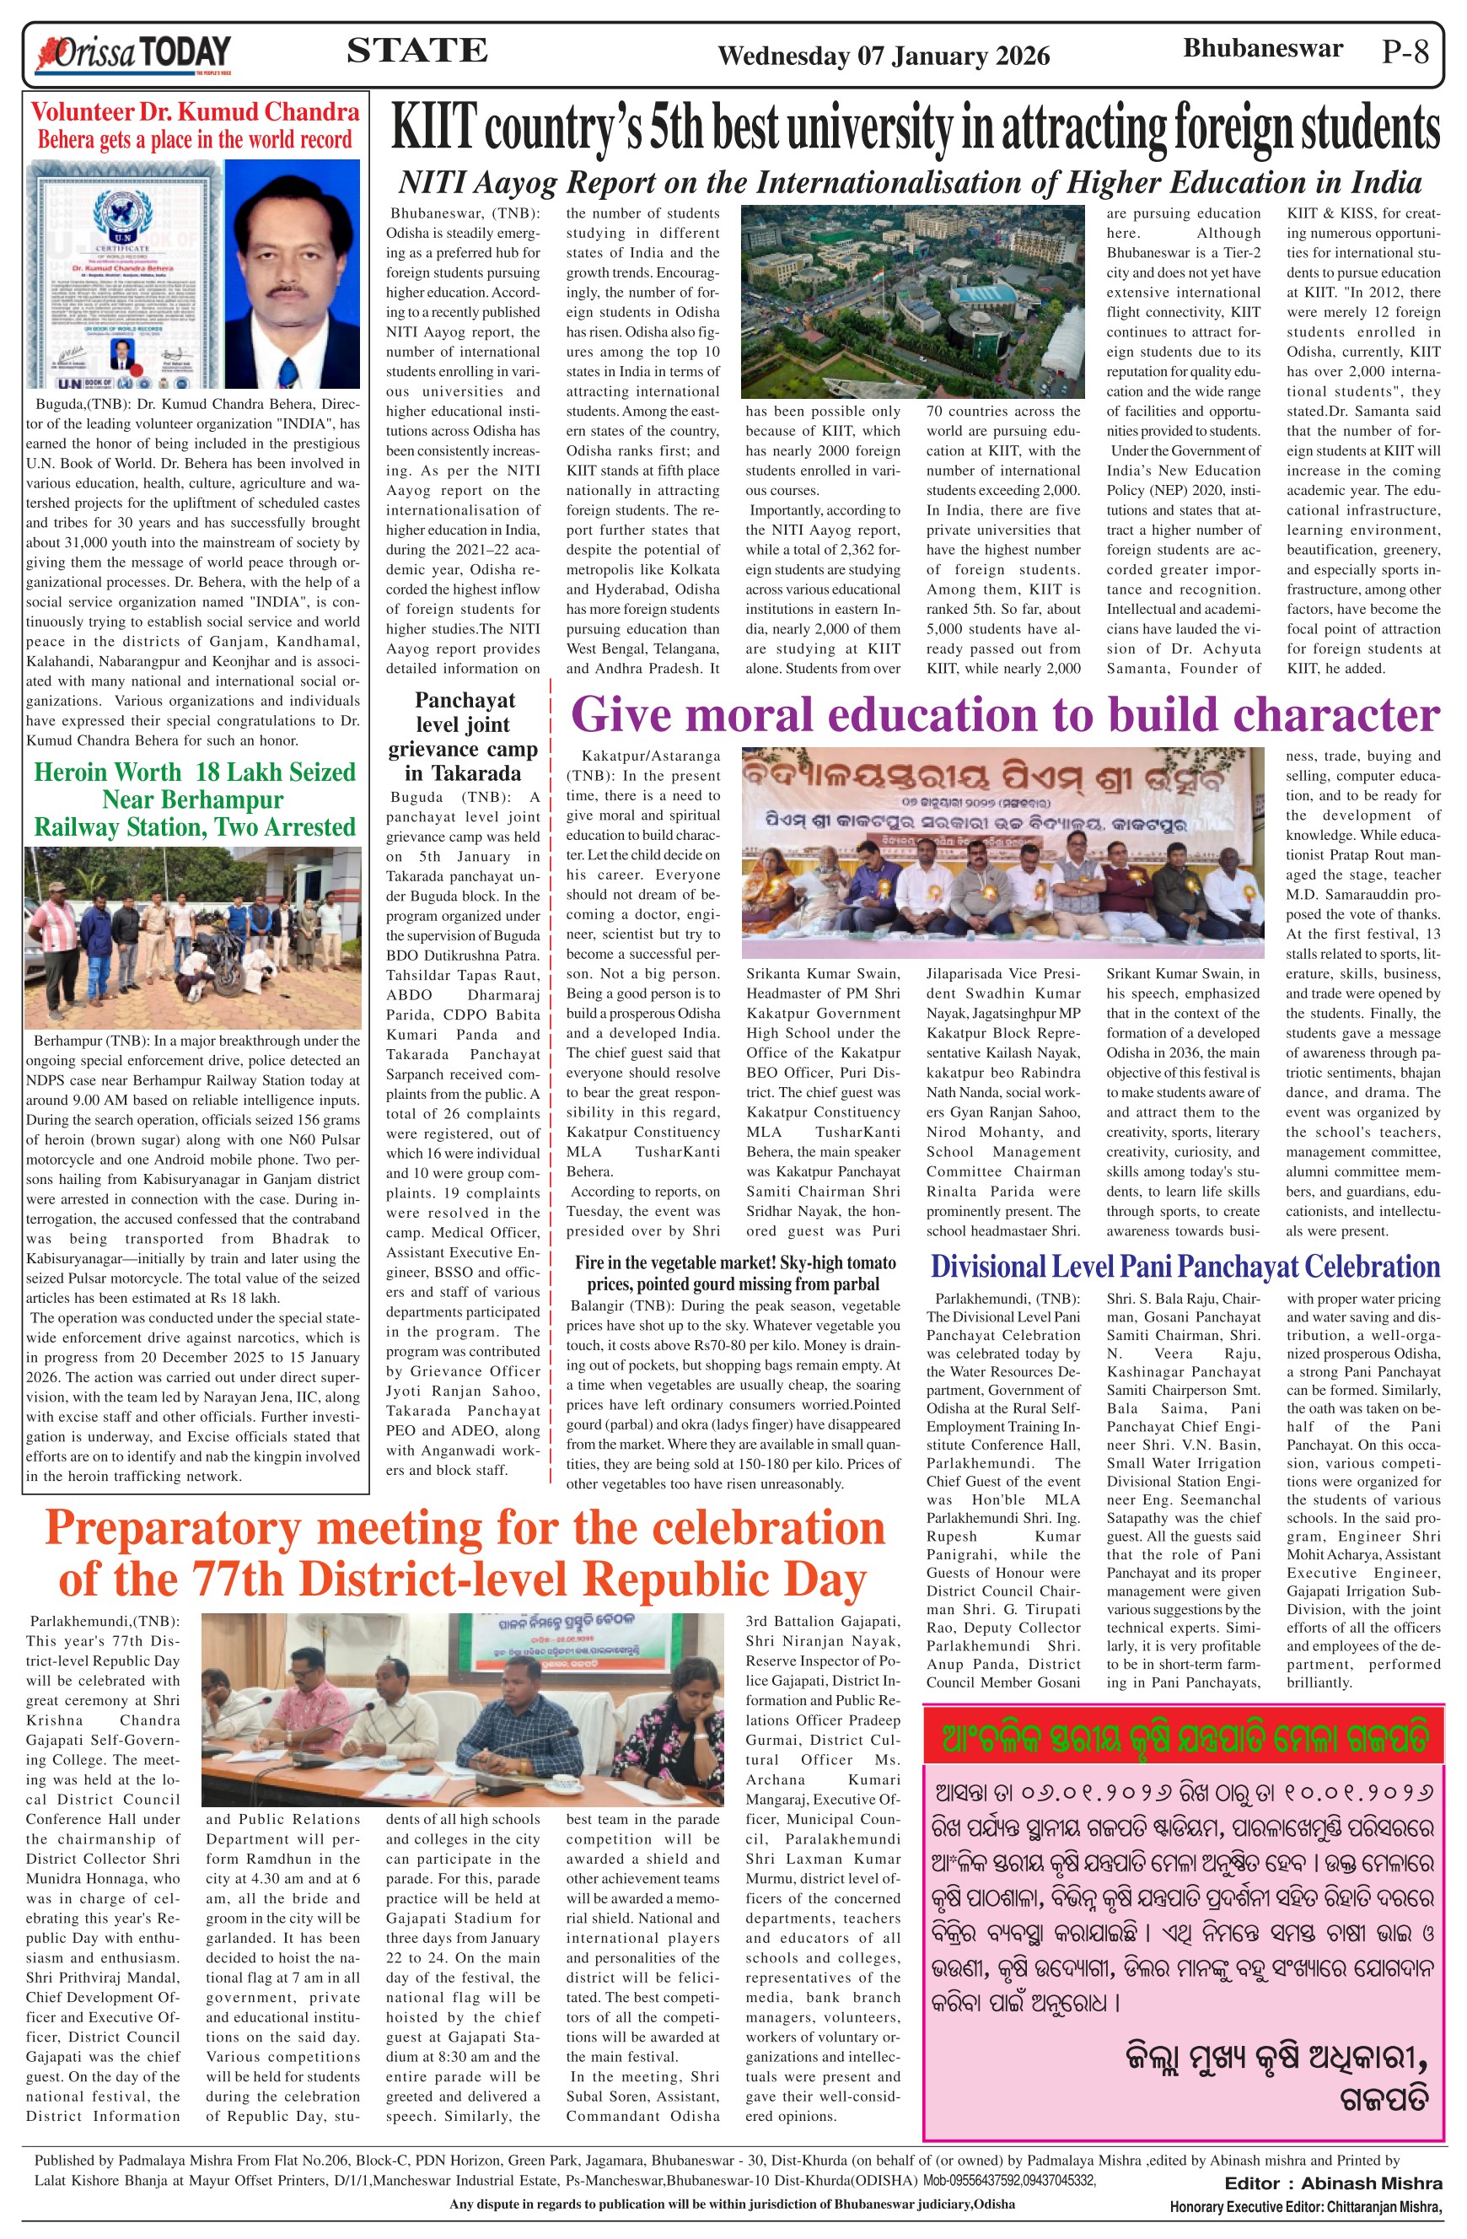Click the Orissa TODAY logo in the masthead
coord(132,54)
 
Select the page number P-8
coord(1405,51)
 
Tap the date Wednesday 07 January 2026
coord(883,57)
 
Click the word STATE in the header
coord(416,50)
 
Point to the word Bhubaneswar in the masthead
coord(1262,49)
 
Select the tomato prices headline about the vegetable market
coord(733,1273)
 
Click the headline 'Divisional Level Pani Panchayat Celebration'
coord(1185,1267)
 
